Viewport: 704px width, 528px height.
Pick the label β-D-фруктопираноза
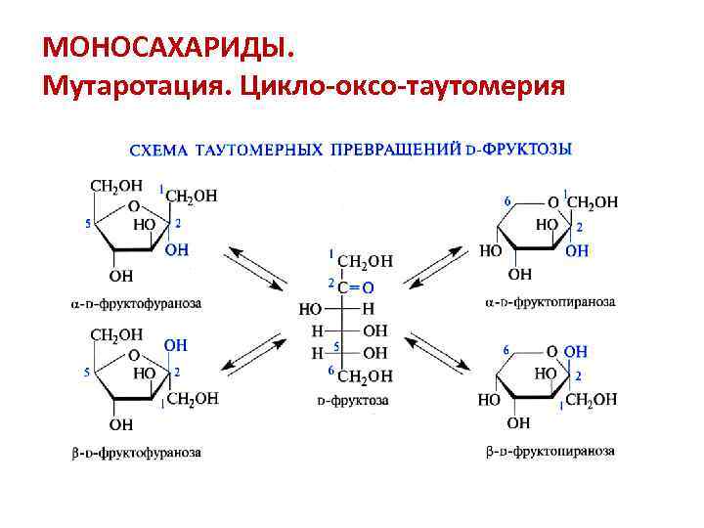click(x=550, y=452)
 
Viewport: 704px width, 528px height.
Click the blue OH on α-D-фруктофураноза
click(x=176, y=250)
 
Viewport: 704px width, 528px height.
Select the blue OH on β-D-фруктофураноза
click(x=176, y=345)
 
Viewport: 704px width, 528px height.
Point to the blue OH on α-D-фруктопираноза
click(x=578, y=251)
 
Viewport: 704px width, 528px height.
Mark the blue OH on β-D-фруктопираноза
click(x=576, y=350)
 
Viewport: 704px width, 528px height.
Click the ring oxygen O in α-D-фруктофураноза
click(x=133, y=207)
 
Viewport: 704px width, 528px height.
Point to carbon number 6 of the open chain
click(x=331, y=371)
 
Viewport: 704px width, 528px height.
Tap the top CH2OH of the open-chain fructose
click(x=365, y=261)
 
